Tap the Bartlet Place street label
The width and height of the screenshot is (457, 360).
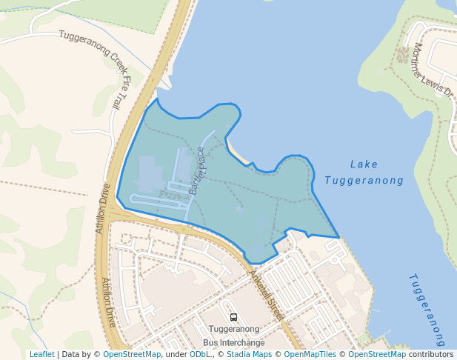click(196, 171)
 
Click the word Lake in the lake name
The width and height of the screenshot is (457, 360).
click(364, 164)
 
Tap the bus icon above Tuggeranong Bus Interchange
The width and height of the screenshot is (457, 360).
click(234, 317)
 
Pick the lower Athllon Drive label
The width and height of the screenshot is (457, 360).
click(109, 303)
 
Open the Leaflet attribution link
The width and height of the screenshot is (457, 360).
click(41, 354)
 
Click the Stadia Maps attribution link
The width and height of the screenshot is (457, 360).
click(249, 354)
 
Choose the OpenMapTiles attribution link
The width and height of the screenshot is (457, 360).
click(310, 354)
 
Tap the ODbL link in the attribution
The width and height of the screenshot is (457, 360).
click(199, 354)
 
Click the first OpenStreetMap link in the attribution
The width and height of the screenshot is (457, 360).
click(132, 354)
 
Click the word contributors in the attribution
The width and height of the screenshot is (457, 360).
click(431, 354)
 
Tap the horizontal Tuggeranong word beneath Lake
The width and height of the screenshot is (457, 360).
click(364, 181)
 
